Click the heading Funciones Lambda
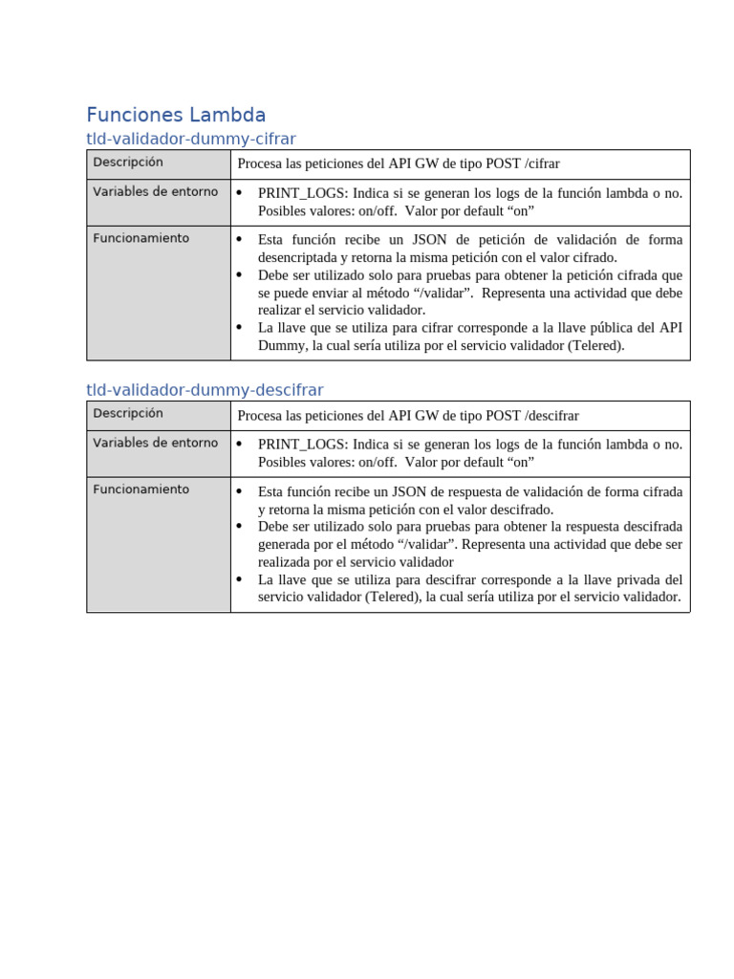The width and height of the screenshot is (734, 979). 176,116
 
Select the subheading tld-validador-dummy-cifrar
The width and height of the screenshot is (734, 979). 191,139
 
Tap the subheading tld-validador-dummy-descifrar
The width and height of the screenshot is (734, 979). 205,390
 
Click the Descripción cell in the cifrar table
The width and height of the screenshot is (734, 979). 128,163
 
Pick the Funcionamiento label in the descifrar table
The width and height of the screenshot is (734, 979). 140,489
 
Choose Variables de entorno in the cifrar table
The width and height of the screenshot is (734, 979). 155,192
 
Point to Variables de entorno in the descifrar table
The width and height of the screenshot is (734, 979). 155,444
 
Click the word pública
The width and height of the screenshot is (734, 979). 595,328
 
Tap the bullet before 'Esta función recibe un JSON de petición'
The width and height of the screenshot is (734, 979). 240,240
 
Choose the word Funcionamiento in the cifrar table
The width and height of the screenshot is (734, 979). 140,238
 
